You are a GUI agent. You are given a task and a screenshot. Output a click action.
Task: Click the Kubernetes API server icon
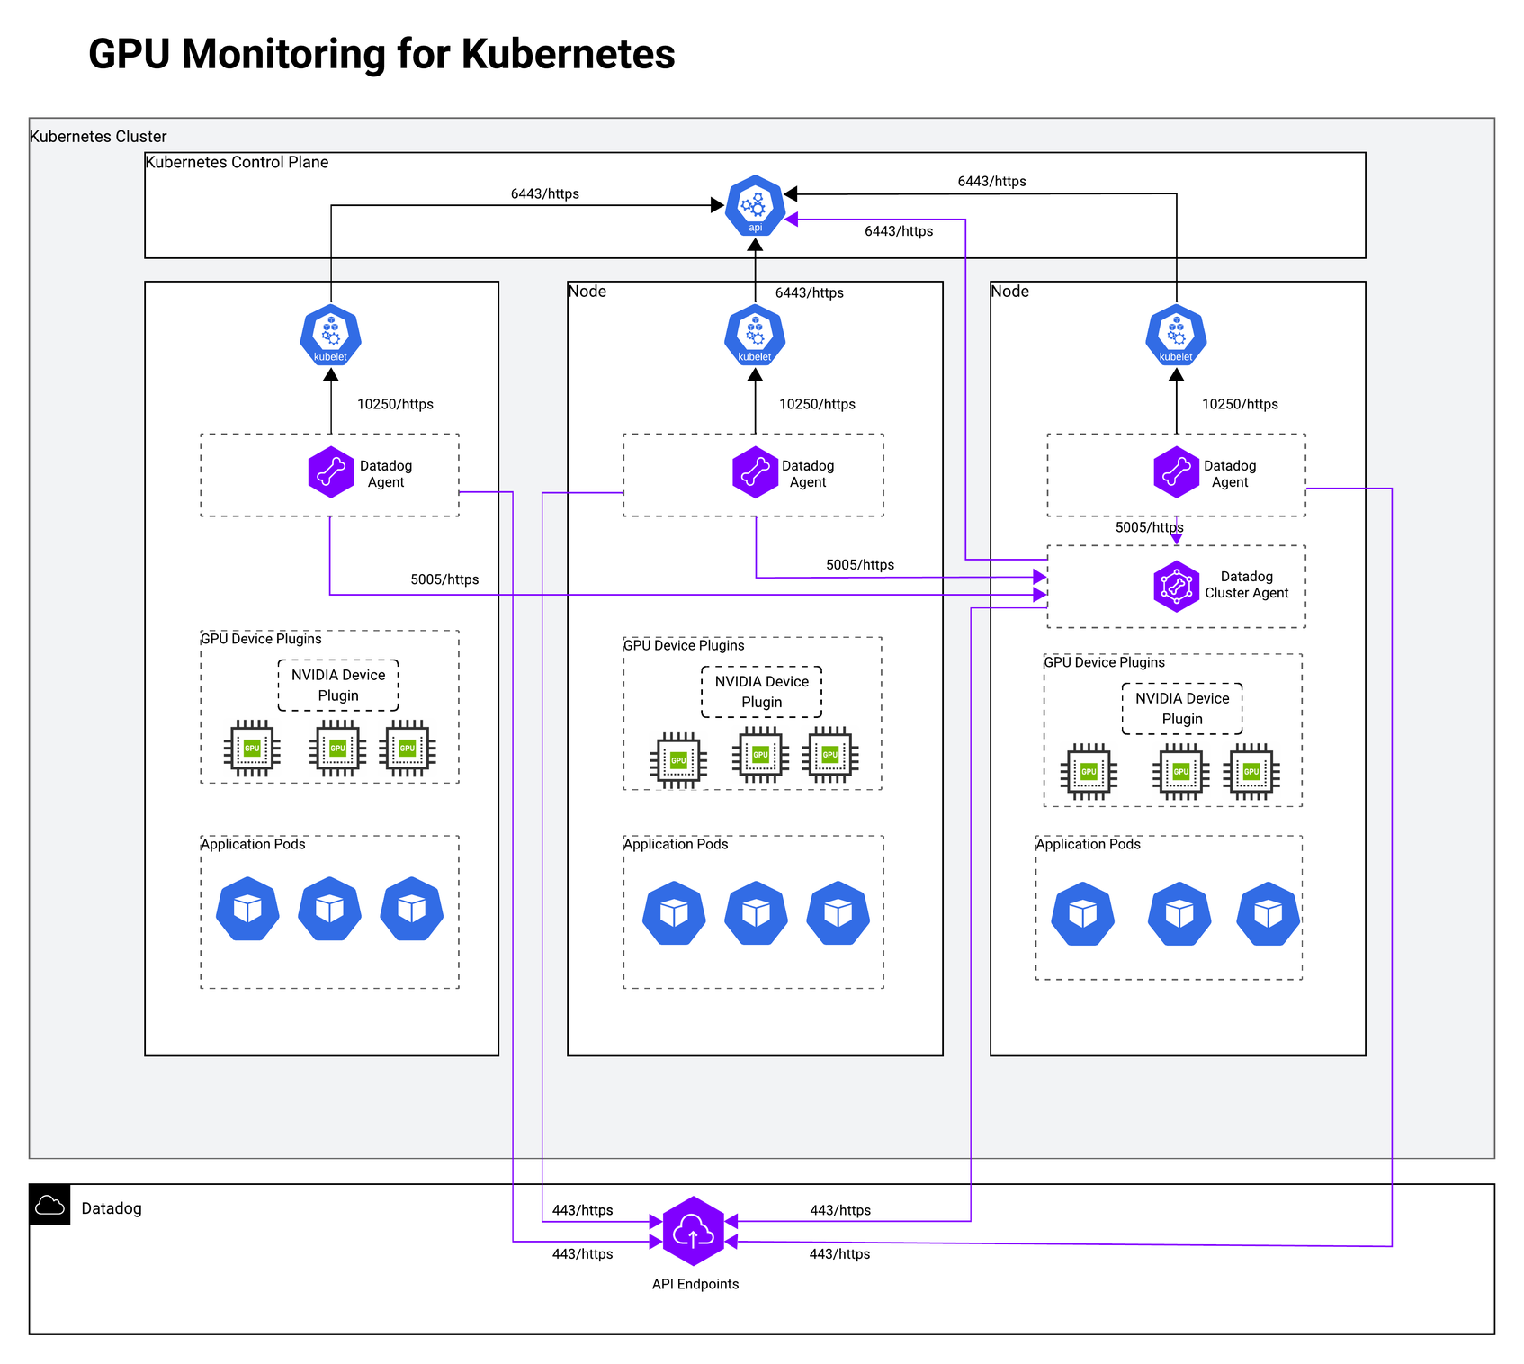pyautogui.click(x=755, y=206)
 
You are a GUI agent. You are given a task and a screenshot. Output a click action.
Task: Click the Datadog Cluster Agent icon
pyautogui.click(x=1176, y=587)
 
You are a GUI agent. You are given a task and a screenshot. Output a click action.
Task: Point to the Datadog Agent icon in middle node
pyautogui.click(x=755, y=472)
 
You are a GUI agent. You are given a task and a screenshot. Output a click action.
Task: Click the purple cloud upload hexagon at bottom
pyautogui.click(x=693, y=1231)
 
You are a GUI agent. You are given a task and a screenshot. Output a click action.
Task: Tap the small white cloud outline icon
pyautogui.click(x=49, y=1206)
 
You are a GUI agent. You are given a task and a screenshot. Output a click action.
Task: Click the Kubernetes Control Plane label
pyautogui.click(x=237, y=163)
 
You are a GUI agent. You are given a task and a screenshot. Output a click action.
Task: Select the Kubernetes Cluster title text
pyautogui.click(x=98, y=137)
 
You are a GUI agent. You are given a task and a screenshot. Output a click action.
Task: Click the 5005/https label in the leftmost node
pyautogui.click(x=444, y=579)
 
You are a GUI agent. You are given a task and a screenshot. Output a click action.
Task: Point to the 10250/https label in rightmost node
pyautogui.click(x=1240, y=404)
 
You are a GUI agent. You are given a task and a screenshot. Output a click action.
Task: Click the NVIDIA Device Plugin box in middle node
pyautogui.click(x=761, y=692)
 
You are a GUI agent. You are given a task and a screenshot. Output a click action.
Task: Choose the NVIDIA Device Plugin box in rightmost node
pyautogui.click(x=1181, y=709)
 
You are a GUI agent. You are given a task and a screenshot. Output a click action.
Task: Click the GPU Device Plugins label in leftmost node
pyautogui.click(x=261, y=639)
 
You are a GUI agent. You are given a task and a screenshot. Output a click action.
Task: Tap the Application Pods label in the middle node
pyautogui.click(x=676, y=844)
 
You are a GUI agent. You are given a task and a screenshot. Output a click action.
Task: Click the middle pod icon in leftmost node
pyautogui.click(x=330, y=909)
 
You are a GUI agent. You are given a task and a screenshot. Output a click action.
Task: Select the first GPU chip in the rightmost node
pyautogui.click(x=1089, y=772)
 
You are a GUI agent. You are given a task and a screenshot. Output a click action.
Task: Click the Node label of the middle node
pyautogui.click(x=587, y=292)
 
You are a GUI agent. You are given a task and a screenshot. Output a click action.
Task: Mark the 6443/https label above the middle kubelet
pyautogui.click(x=809, y=292)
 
